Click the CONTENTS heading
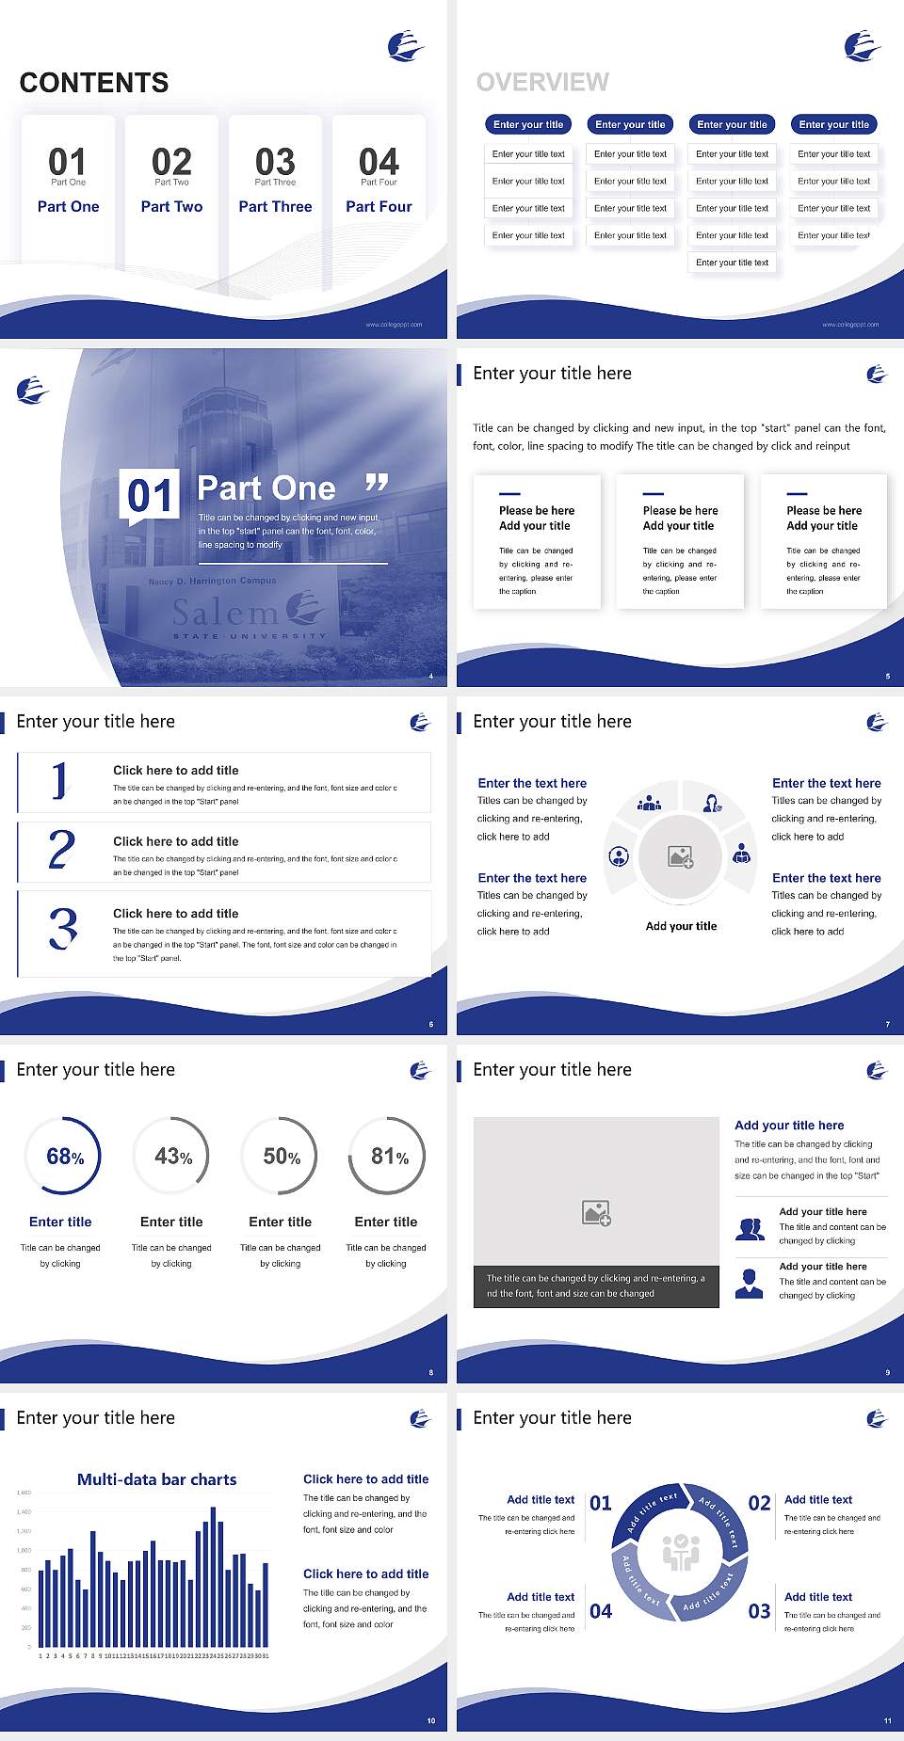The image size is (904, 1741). pos(94,83)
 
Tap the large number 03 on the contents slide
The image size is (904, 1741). pos(275,162)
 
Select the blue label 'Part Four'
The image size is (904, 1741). pos(379,207)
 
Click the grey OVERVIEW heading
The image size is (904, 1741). pos(542,83)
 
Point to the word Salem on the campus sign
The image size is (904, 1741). pos(226,613)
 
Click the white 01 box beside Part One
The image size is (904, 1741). pos(151,495)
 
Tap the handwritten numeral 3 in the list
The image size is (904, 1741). pos(63,928)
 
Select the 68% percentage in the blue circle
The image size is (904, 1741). pos(64,1157)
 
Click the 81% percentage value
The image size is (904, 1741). pos(389,1157)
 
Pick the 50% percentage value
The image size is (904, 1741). pos(282,1157)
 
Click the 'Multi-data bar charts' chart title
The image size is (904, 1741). pos(157,1479)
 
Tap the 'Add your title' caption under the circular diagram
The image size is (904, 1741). pos(681,926)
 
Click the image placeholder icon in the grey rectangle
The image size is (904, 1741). pos(597,1213)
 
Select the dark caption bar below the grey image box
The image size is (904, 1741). pos(596,1286)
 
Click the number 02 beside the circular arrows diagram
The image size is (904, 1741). pos(759,1503)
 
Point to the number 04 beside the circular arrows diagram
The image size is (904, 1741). pos(601,1611)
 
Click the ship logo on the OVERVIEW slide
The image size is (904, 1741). pos(862,45)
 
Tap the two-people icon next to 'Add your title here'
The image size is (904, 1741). pos(750,1228)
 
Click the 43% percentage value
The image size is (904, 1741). pos(173,1157)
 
